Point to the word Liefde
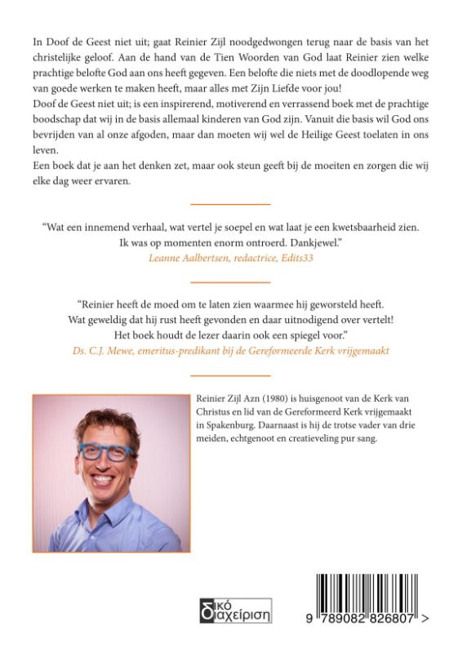click(282, 87)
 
